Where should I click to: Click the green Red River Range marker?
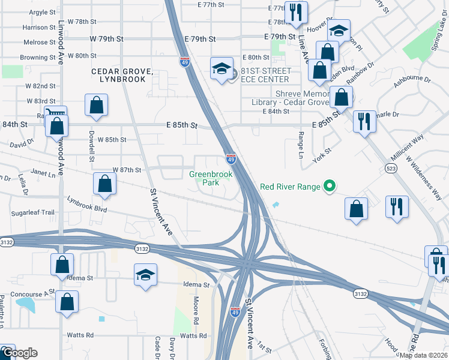(x=328, y=187)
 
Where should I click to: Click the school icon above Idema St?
(x=145, y=275)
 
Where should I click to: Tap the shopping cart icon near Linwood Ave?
(x=55, y=114)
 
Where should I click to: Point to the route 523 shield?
(x=391, y=170)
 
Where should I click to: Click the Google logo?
(x=19, y=353)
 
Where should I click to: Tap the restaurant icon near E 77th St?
(x=295, y=13)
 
